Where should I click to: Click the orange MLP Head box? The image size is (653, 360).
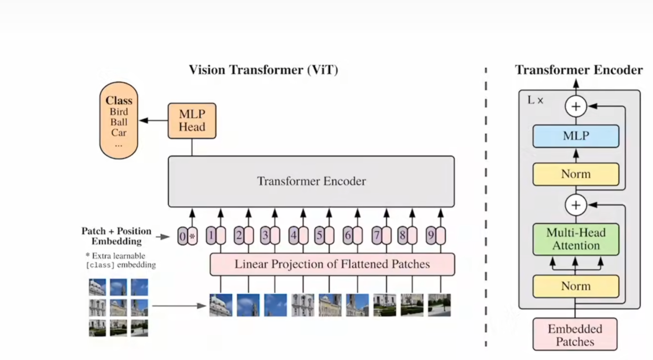click(192, 121)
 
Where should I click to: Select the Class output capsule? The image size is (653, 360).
click(119, 120)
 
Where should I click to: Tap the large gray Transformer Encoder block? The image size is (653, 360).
click(311, 181)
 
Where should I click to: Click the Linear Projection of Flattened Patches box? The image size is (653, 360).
click(332, 264)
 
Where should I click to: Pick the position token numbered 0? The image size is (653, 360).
click(182, 236)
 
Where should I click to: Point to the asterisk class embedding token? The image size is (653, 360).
click(192, 236)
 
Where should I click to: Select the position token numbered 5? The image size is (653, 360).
click(319, 236)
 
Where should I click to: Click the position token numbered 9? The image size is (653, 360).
click(431, 236)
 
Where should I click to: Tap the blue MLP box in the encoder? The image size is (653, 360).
click(576, 136)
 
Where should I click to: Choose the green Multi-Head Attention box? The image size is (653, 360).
click(576, 239)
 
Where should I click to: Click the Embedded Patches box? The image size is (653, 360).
click(575, 335)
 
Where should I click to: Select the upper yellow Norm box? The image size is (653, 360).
click(576, 174)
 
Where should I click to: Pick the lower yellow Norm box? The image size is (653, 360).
click(576, 286)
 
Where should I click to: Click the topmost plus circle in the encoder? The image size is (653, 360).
click(576, 106)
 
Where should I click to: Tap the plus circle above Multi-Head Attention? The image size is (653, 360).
click(576, 205)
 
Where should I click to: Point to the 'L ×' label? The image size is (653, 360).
click(535, 100)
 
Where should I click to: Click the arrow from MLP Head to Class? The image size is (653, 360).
click(153, 120)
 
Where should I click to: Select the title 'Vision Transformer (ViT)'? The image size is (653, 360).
click(264, 70)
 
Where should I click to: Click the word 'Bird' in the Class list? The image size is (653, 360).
click(119, 112)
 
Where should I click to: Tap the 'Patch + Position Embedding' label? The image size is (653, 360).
click(116, 236)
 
